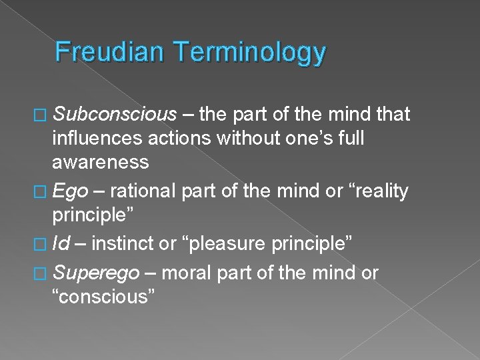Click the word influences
coord(101,139)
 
